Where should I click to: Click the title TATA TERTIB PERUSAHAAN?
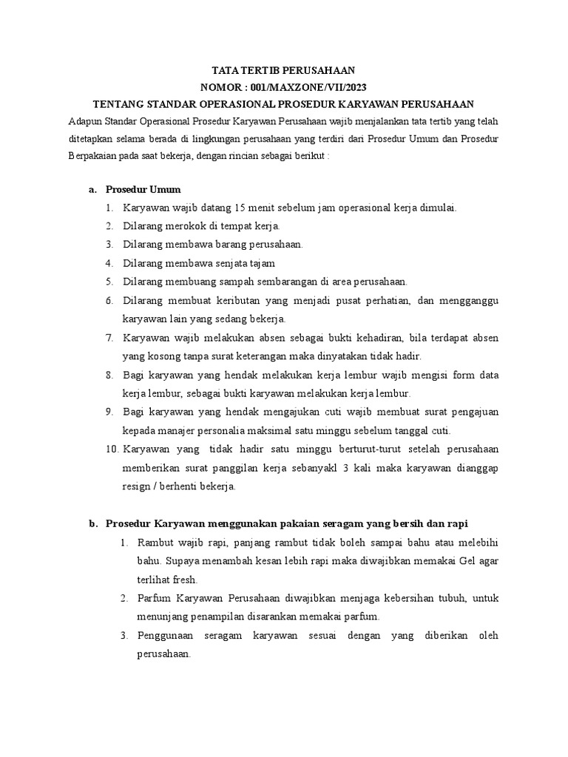pos(284,71)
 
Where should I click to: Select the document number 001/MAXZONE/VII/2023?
pos(313,87)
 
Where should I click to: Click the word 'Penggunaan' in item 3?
pos(166,636)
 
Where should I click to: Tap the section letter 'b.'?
pos(93,524)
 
